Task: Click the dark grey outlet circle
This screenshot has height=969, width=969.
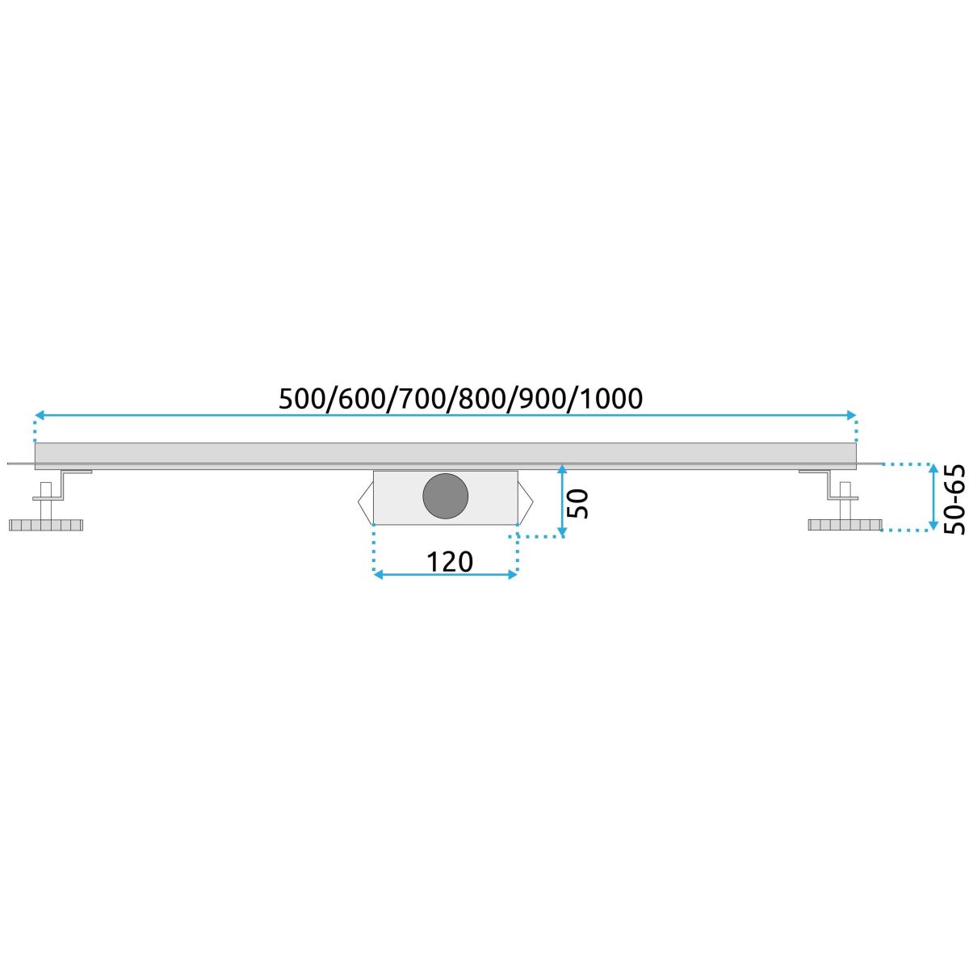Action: [445, 497]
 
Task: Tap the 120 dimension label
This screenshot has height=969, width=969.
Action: [450, 562]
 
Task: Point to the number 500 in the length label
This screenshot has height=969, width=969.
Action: [301, 399]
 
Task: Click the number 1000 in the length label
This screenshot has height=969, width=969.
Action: [612, 399]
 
